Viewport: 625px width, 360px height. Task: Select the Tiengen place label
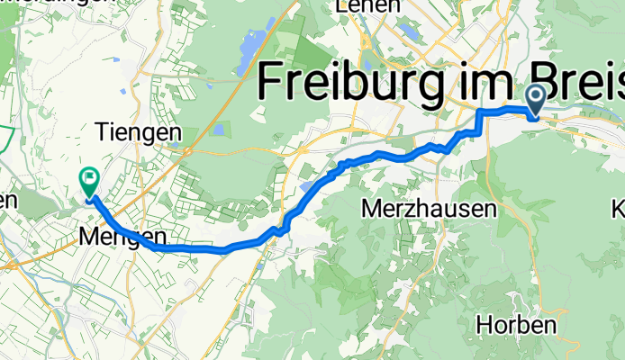pyautogui.click(x=138, y=132)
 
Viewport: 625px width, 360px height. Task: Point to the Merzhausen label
pyautogui.click(x=429, y=209)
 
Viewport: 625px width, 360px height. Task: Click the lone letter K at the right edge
pyautogui.click(x=618, y=209)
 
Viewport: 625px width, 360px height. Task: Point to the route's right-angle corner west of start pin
pyautogui.click(x=479, y=111)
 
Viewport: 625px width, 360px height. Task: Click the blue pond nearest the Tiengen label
pyautogui.click(x=219, y=130)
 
